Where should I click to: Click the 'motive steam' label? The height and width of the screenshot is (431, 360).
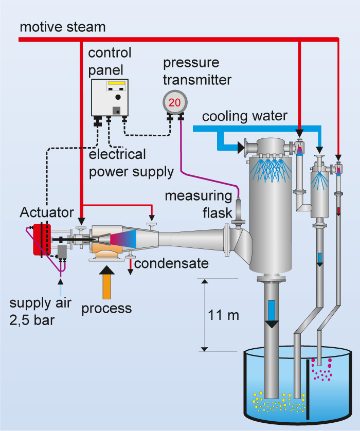pos(62,27)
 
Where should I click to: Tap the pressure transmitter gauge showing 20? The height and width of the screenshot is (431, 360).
pos(174,102)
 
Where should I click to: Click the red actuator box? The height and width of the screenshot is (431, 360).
pos(40,239)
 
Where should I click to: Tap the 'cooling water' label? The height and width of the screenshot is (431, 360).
pos(244,117)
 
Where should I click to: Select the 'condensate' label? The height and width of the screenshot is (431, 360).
pos(171,264)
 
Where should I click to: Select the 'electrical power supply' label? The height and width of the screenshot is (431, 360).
pos(131,163)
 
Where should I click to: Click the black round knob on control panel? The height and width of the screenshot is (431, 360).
pos(118,97)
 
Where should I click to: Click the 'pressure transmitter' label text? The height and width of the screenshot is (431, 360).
pos(197,71)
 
